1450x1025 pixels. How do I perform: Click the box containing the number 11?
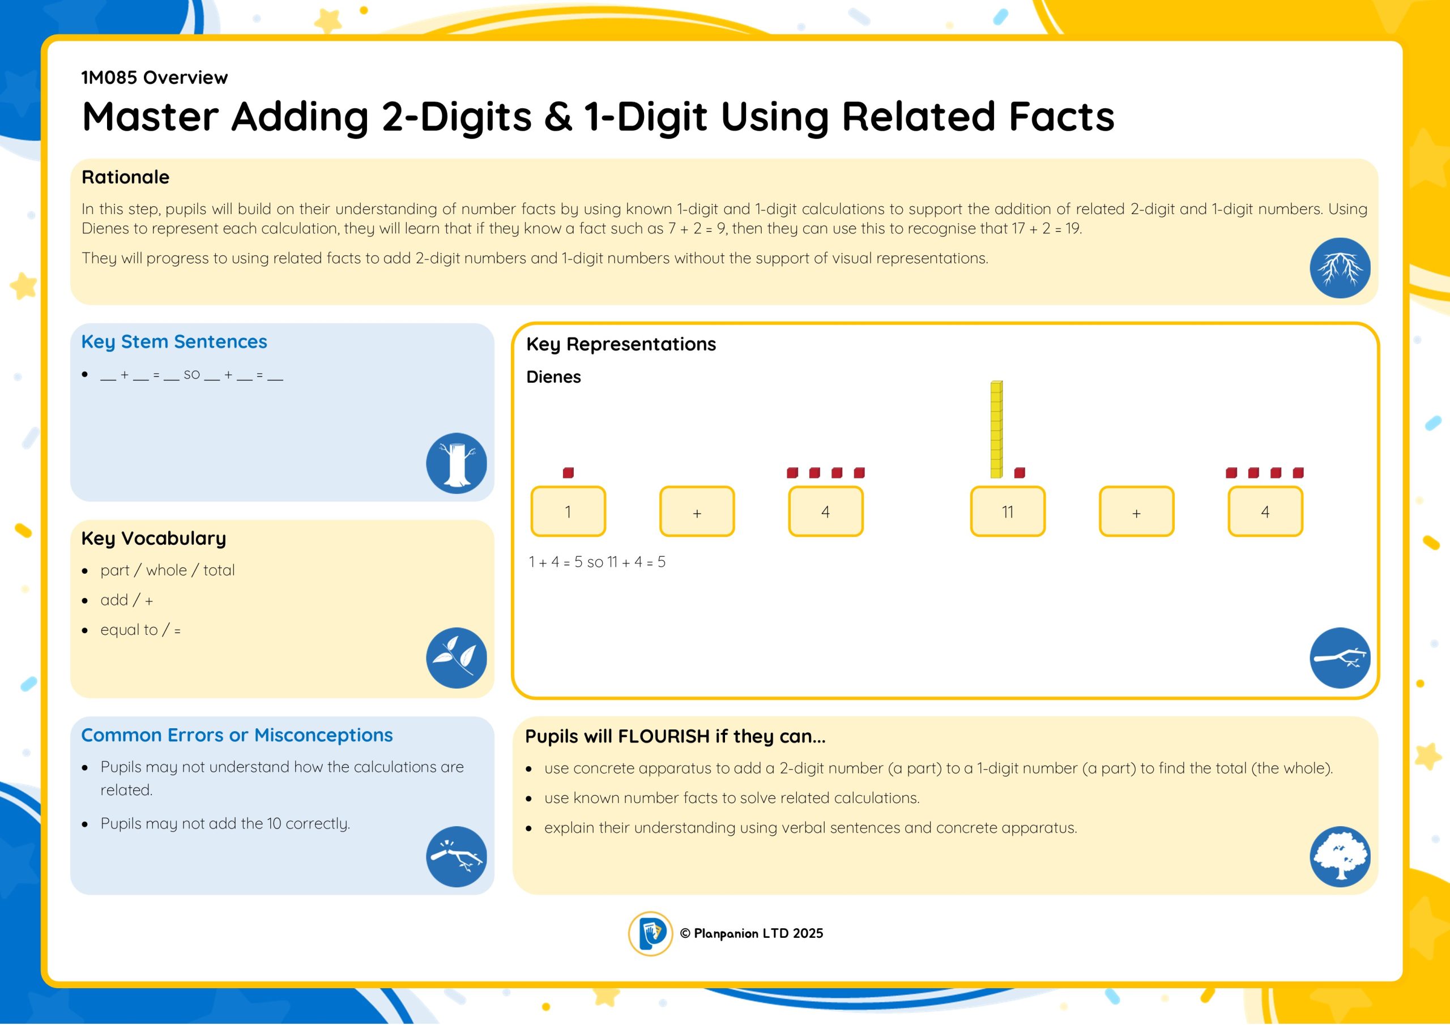tap(1007, 511)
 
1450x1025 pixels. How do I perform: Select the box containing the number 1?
tap(568, 511)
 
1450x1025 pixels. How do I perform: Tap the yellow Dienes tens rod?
tap(996, 429)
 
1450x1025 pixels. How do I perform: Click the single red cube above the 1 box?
tap(568, 472)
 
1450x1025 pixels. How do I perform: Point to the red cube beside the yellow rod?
tap(1020, 472)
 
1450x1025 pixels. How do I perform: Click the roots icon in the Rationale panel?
tap(1340, 268)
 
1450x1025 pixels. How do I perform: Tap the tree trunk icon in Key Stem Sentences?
tap(456, 463)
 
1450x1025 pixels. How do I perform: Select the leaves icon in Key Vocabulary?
tap(456, 658)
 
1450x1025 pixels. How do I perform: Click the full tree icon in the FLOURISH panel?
tap(1340, 857)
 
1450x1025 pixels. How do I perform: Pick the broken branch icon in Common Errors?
tap(456, 857)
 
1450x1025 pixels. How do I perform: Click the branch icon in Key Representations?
tap(1340, 658)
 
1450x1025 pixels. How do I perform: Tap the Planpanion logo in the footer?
tap(650, 933)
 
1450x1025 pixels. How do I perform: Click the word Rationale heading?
tap(125, 177)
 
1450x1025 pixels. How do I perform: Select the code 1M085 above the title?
tap(109, 78)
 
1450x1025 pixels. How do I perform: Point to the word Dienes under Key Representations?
tap(553, 377)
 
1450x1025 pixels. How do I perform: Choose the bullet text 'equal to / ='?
tap(140, 630)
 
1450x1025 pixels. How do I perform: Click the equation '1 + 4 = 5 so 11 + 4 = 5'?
tap(597, 562)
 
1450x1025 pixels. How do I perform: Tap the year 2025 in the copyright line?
tap(808, 933)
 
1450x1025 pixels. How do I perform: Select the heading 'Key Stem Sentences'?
tap(174, 341)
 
